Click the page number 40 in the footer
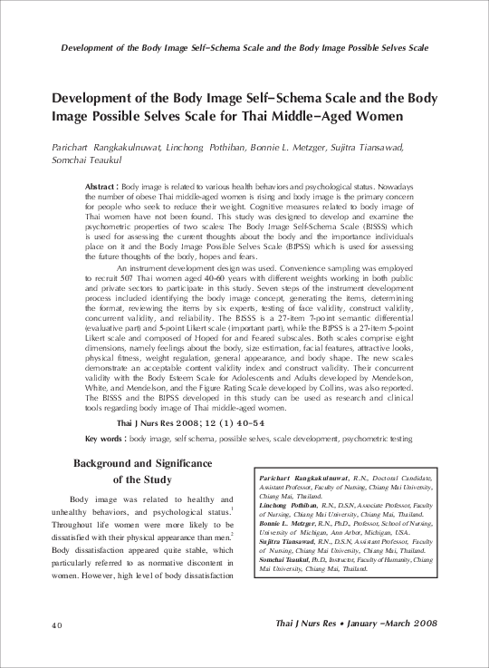tap(56, 624)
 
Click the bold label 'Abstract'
tap(100, 185)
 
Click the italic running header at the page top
tap(244, 46)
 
